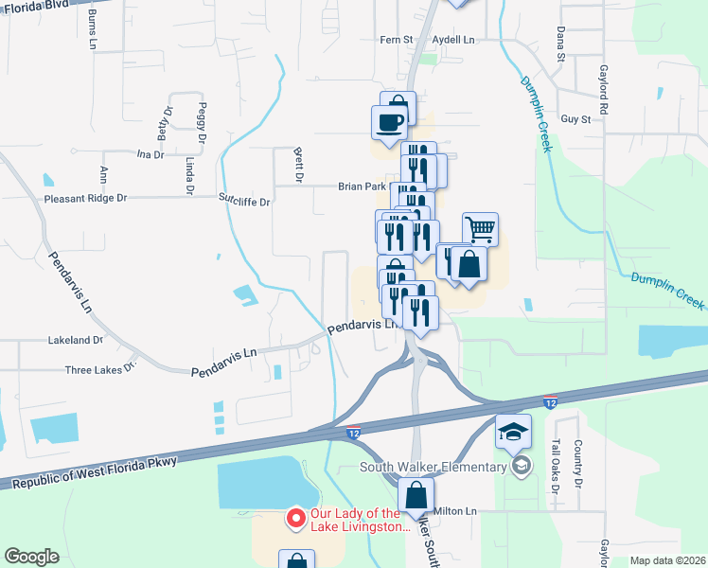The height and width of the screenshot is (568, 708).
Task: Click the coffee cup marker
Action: (389, 120)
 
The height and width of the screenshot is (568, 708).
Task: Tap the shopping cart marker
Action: (480, 228)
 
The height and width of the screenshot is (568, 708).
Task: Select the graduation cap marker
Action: (513, 433)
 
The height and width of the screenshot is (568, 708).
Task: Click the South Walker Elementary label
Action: (433, 467)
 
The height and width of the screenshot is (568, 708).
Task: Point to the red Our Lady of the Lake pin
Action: (294, 517)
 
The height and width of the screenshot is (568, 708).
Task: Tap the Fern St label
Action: (397, 40)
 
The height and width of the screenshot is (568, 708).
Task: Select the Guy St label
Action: (575, 119)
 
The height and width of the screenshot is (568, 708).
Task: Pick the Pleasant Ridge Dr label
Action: (85, 199)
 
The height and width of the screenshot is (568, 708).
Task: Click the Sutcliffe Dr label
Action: (245, 202)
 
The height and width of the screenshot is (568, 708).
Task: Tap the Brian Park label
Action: (362, 187)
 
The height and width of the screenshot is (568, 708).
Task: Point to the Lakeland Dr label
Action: (76, 339)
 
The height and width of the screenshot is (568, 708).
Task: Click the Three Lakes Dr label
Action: (100, 370)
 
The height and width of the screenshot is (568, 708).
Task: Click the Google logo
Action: (31, 557)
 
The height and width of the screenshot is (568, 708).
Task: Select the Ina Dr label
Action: (150, 153)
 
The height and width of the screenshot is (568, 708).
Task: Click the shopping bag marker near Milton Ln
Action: (416, 494)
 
